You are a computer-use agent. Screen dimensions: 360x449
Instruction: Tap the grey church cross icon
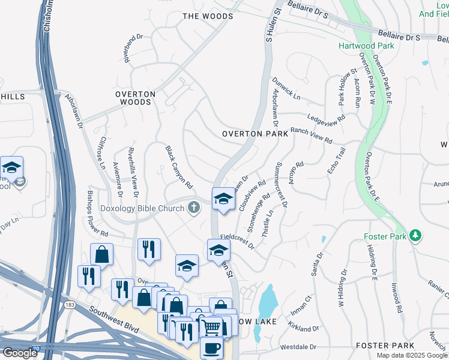click(x=193, y=208)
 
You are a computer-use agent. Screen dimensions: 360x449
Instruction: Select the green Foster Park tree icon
click(x=415, y=236)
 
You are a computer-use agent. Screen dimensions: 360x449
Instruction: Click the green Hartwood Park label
click(x=366, y=46)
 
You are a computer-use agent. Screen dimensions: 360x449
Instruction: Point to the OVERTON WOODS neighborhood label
click(x=136, y=98)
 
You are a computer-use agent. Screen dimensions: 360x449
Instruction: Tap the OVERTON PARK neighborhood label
click(x=255, y=134)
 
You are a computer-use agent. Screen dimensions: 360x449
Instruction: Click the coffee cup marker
click(x=210, y=347)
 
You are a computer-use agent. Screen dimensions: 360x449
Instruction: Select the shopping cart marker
click(x=211, y=327)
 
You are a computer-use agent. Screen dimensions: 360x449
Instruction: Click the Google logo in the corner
click(x=20, y=353)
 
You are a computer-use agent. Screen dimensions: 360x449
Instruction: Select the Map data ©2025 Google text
click(x=412, y=355)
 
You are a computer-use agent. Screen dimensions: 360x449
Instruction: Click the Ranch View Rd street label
click(x=312, y=135)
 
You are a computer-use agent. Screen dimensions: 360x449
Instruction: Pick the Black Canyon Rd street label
click(x=179, y=166)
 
